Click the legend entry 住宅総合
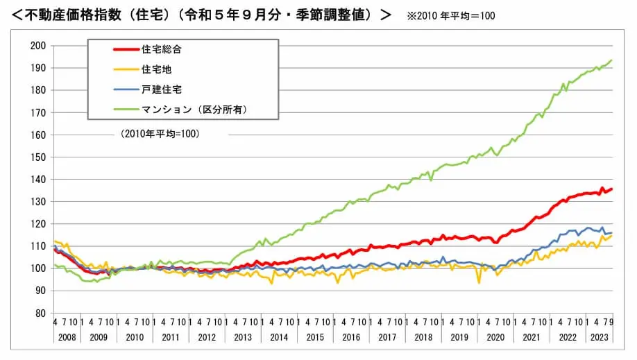162,50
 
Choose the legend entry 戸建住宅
162,89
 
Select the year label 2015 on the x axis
316,337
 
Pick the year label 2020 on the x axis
495,337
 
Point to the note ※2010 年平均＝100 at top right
451,15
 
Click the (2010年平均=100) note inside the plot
160,134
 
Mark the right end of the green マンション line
611,60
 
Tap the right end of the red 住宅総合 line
611,189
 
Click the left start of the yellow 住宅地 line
54,241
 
